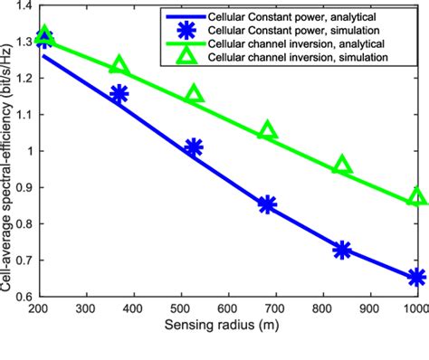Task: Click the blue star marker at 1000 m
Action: (x=416, y=278)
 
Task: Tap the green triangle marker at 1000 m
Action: (x=416, y=197)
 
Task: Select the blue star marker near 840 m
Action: (x=342, y=251)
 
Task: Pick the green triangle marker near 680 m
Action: (x=267, y=131)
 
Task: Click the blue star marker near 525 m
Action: (x=193, y=147)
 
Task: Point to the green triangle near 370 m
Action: (x=119, y=66)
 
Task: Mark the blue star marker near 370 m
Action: (x=119, y=94)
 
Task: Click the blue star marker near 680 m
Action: (x=267, y=204)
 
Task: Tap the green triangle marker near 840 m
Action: (x=342, y=165)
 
